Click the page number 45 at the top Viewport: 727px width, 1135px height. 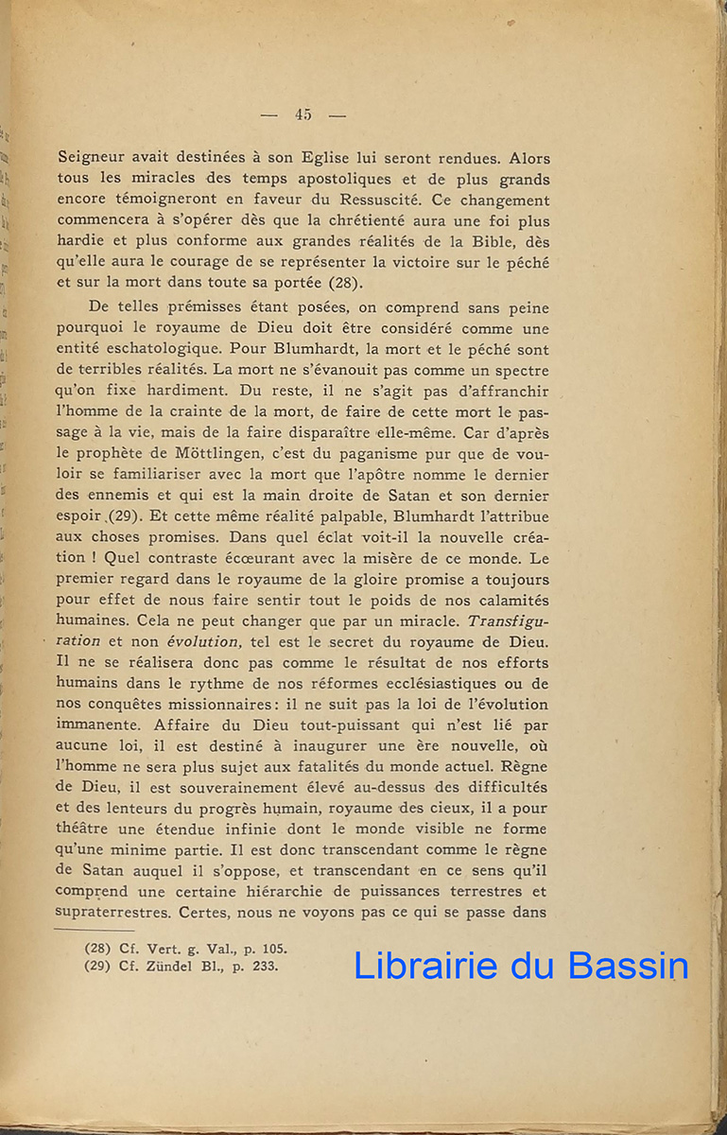(x=303, y=114)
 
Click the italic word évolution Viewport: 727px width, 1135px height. (x=205, y=641)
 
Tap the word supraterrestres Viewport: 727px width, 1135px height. (x=117, y=913)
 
